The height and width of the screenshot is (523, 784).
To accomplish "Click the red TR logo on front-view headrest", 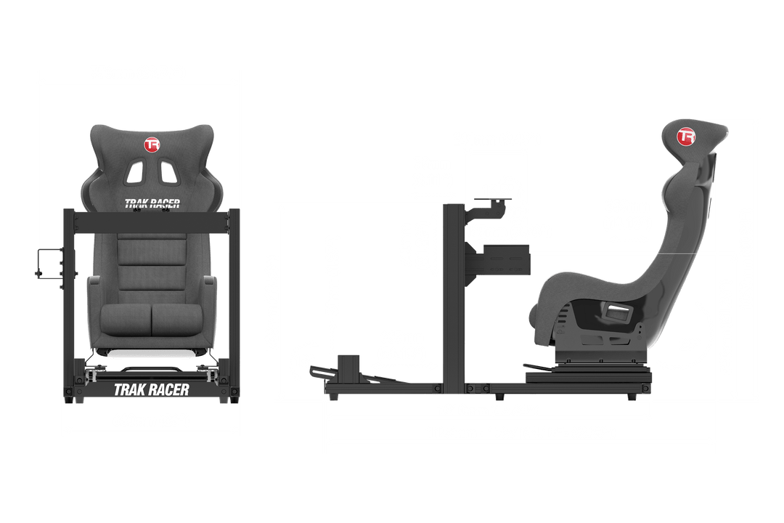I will pos(152,145).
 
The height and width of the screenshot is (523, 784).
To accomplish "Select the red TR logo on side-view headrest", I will pos(685,137).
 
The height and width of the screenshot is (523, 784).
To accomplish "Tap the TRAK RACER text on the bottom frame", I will pos(151,389).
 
